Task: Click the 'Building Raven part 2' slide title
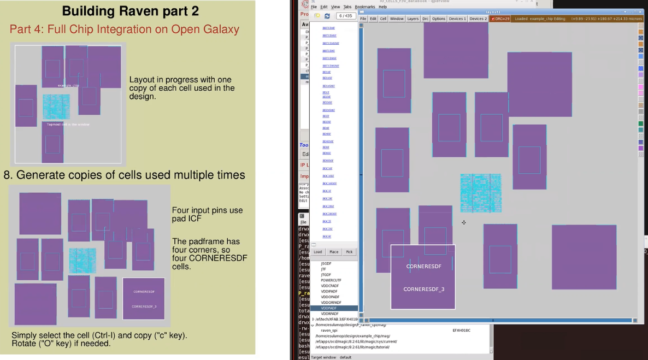(x=130, y=11)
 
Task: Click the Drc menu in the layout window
(x=425, y=19)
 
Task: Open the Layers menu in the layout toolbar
(x=413, y=19)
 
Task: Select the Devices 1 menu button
(x=457, y=19)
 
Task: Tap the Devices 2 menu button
(x=478, y=19)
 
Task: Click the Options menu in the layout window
(x=439, y=19)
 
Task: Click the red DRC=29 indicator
(x=500, y=19)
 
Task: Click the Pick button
(x=349, y=252)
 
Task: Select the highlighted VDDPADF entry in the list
(x=329, y=308)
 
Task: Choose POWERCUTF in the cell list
(x=331, y=280)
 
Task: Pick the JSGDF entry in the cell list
(x=326, y=263)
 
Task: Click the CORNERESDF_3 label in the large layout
(x=423, y=289)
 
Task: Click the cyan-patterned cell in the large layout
(x=480, y=193)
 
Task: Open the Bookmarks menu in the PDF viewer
(x=365, y=7)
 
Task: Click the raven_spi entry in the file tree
(x=329, y=331)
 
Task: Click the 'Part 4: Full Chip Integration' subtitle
(x=125, y=29)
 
